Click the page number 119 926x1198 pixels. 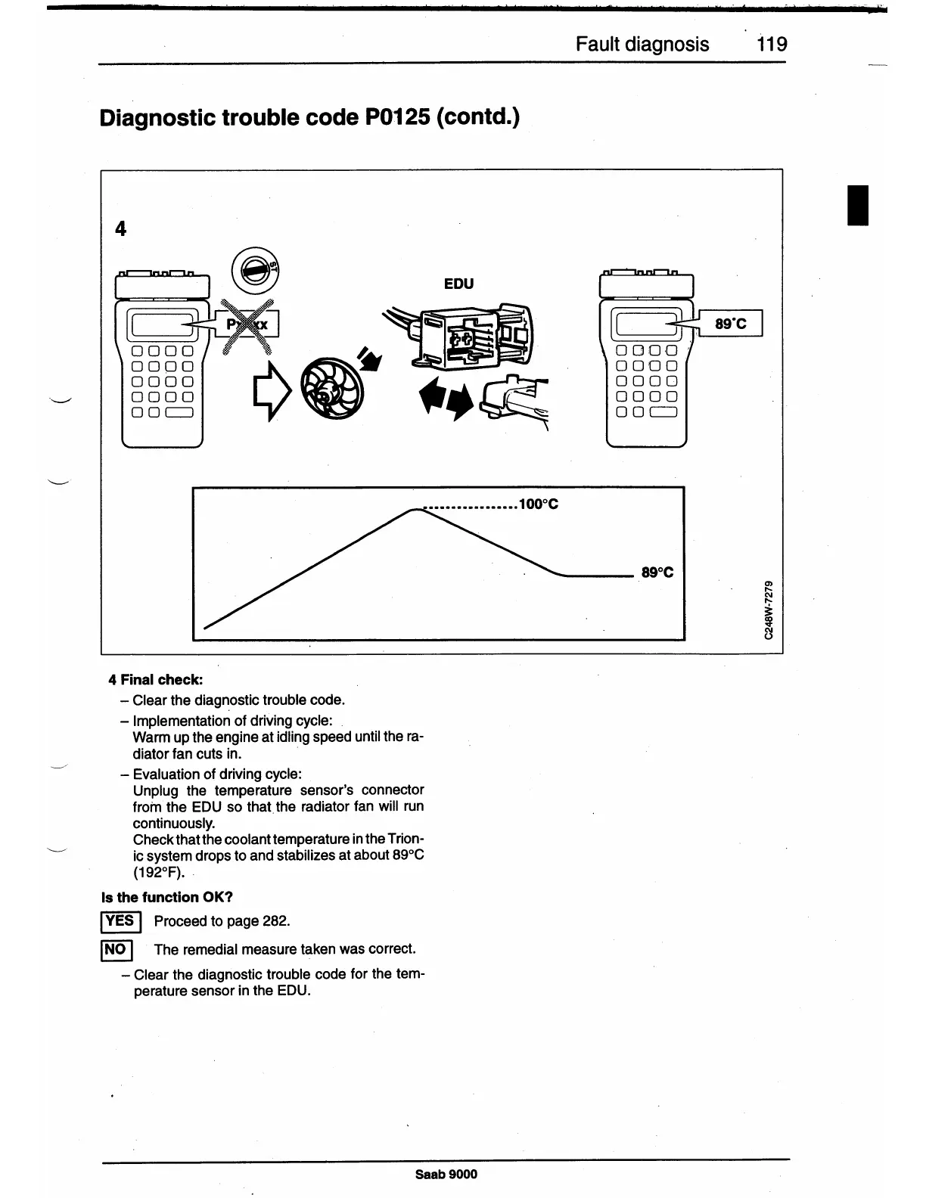coord(772,44)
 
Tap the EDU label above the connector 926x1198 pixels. coord(458,284)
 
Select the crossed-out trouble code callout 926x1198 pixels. coord(248,324)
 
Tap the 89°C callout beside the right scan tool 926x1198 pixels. coord(730,324)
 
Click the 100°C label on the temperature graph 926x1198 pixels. coord(539,504)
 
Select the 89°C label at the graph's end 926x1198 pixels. coord(657,573)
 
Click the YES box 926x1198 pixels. coord(119,920)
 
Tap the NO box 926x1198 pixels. coord(117,949)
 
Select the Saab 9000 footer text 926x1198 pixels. coord(446,1174)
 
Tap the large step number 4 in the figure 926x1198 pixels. coord(120,228)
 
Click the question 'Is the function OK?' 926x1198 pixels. coord(167,897)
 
